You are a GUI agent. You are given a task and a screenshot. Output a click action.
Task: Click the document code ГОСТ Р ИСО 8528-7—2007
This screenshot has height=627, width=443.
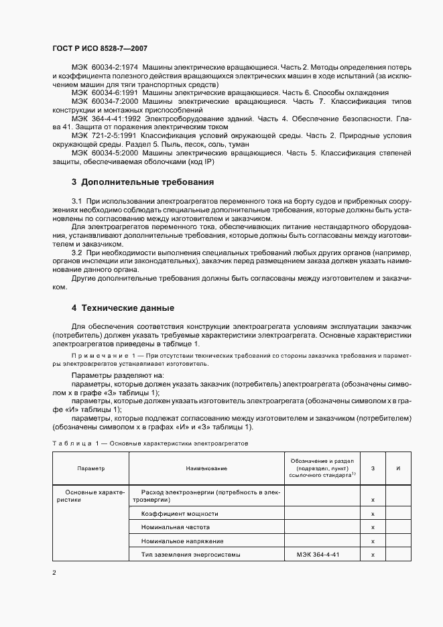(x=99, y=49)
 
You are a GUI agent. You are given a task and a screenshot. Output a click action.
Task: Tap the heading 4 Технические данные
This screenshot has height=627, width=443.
(x=123, y=307)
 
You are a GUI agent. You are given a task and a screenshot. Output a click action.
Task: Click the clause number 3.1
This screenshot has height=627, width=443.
(x=76, y=202)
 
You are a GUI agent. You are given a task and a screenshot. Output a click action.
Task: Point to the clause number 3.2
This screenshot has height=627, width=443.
(x=76, y=253)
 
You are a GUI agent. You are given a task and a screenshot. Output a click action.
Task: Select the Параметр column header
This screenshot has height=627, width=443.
(x=90, y=468)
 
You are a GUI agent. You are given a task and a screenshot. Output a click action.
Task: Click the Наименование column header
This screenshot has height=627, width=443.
(x=206, y=468)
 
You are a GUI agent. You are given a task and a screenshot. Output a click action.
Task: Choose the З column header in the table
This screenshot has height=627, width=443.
(x=372, y=468)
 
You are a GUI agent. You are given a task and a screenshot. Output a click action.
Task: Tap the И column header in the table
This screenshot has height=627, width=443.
(x=398, y=468)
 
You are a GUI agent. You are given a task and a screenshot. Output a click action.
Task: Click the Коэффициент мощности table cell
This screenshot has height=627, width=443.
(x=179, y=514)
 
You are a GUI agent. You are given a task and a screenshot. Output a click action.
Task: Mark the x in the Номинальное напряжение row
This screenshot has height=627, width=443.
(x=372, y=541)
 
